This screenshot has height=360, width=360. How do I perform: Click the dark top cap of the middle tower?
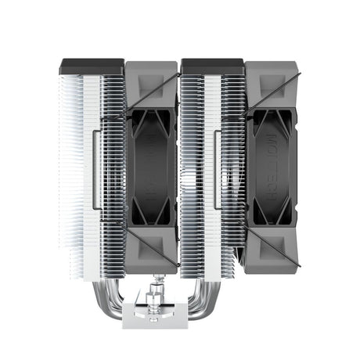204,65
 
